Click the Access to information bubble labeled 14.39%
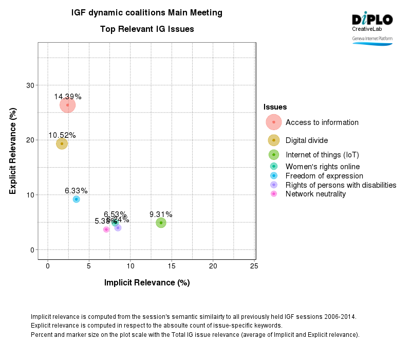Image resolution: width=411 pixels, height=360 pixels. pyautogui.click(x=68, y=105)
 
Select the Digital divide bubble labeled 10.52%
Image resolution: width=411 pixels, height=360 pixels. pyautogui.click(x=62, y=143)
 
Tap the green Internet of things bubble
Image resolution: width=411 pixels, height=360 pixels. pyautogui.click(x=161, y=223)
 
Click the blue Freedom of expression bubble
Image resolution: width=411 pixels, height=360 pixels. pyautogui.click(x=76, y=199)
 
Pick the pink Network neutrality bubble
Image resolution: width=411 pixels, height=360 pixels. pyautogui.click(x=106, y=229)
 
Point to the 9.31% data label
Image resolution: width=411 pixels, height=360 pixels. pyautogui.click(x=161, y=214)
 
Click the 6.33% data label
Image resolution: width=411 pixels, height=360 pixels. pyautogui.click(x=76, y=191)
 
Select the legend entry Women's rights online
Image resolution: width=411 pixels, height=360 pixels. pyautogui.click(x=322, y=166)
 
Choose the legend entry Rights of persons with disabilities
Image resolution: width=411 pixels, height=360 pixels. pyautogui.click(x=341, y=185)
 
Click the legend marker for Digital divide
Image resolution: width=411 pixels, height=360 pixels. pyautogui.click(x=274, y=140)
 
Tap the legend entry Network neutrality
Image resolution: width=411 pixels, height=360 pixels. pyautogui.click(x=315, y=194)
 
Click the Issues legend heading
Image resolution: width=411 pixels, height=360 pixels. pyautogui.click(x=275, y=107)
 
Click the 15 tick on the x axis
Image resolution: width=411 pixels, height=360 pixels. pyautogui.click(x=172, y=266)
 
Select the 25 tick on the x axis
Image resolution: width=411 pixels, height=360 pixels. pyautogui.click(x=254, y=266)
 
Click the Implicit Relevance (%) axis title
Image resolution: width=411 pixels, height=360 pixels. pyautogui.click(x=147, y=282)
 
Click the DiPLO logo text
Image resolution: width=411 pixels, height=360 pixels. pyautogui.click(x=372, y=20)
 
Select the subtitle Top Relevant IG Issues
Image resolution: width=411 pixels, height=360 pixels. pyautogui.click(x=147, y=29)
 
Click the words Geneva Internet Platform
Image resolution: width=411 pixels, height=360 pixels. pyautogui.click(x=372, y=39)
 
